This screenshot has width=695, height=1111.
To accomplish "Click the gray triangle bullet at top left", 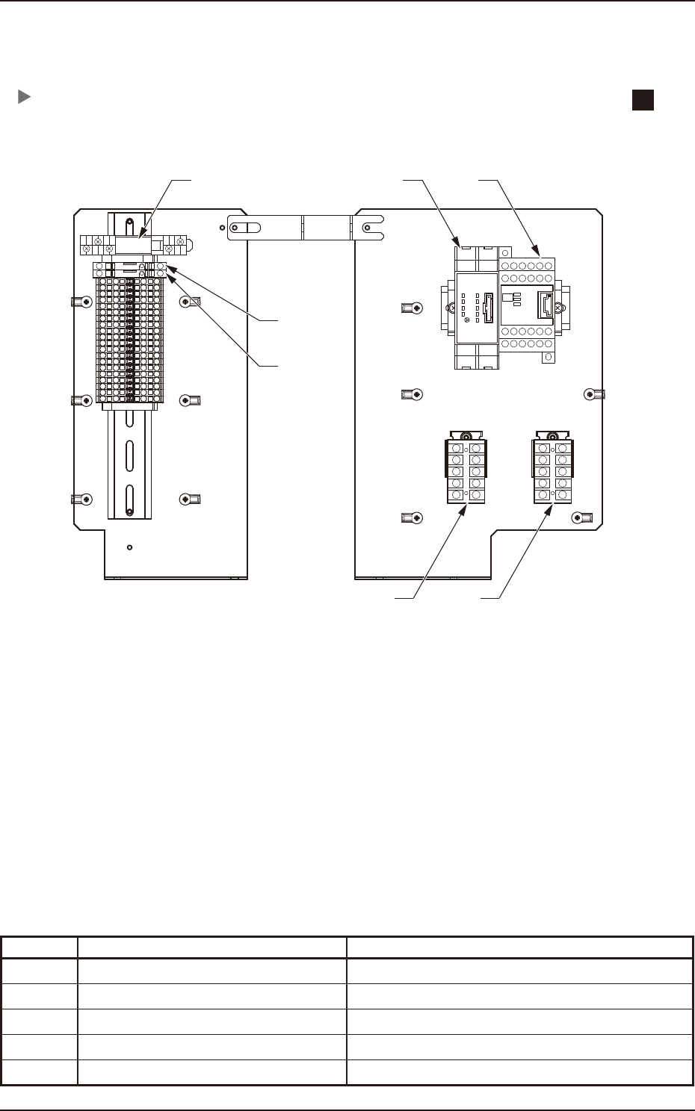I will point(24,97).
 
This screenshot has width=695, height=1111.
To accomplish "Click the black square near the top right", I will point(643,100).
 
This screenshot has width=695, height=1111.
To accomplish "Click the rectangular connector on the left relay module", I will point(488,306).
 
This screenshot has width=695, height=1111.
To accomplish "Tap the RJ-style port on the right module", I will point(546,307).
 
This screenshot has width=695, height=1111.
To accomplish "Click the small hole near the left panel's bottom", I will point(130,547).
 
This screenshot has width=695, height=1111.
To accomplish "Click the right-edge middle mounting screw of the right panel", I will point(590,394).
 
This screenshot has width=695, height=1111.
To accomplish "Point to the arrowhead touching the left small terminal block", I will point(468,508).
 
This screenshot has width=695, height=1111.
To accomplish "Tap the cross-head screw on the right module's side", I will point(558,308).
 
